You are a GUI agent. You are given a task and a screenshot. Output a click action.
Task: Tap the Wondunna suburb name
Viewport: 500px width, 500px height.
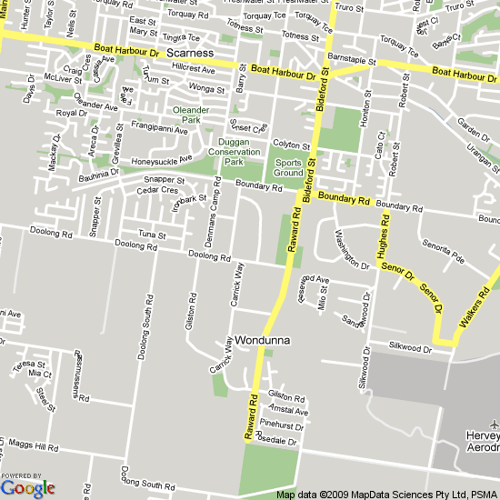262,341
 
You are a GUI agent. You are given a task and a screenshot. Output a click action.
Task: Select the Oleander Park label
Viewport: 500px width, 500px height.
191,114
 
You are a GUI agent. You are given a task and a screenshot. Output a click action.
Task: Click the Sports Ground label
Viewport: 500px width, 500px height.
288,167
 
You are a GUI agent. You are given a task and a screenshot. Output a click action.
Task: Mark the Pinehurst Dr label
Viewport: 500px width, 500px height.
281,425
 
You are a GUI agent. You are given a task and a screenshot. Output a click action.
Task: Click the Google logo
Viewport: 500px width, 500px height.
28,487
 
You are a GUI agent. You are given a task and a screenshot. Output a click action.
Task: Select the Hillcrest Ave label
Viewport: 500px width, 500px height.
192,69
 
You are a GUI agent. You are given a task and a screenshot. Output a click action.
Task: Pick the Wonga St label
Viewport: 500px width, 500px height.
207,89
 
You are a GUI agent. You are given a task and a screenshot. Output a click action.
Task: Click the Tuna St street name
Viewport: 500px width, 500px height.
150,235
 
